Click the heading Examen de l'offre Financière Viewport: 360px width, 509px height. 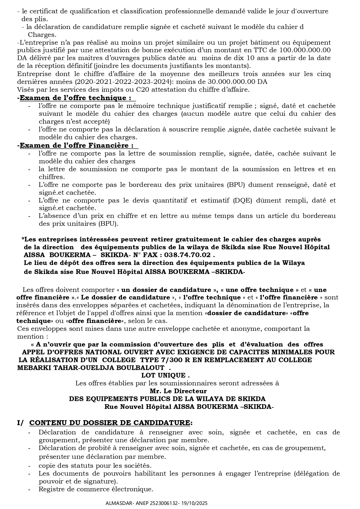point(77,145)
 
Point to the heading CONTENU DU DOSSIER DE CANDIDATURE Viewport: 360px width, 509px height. point(110,423)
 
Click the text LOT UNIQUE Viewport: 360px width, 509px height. point(169,375)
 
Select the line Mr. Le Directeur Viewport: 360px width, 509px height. point(178,391)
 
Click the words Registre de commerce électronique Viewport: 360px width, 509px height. point(96,489)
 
